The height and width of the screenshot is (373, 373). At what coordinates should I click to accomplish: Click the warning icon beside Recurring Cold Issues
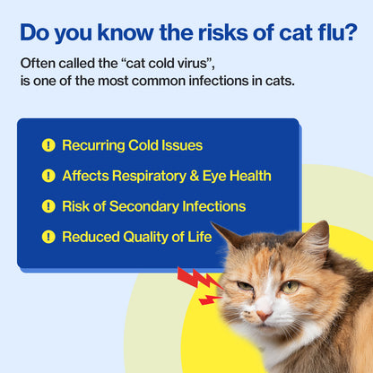[48, 145]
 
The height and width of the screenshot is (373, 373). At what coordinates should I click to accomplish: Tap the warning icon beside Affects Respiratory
[48, 176]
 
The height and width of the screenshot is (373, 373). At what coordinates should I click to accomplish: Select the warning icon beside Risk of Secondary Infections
[48, 206]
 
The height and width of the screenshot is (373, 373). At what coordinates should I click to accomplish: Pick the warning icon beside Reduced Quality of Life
[48, 237]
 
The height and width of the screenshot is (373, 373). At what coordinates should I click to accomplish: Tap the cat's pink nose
[263, 315]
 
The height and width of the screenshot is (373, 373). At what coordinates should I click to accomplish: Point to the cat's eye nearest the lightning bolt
[245, 284]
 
